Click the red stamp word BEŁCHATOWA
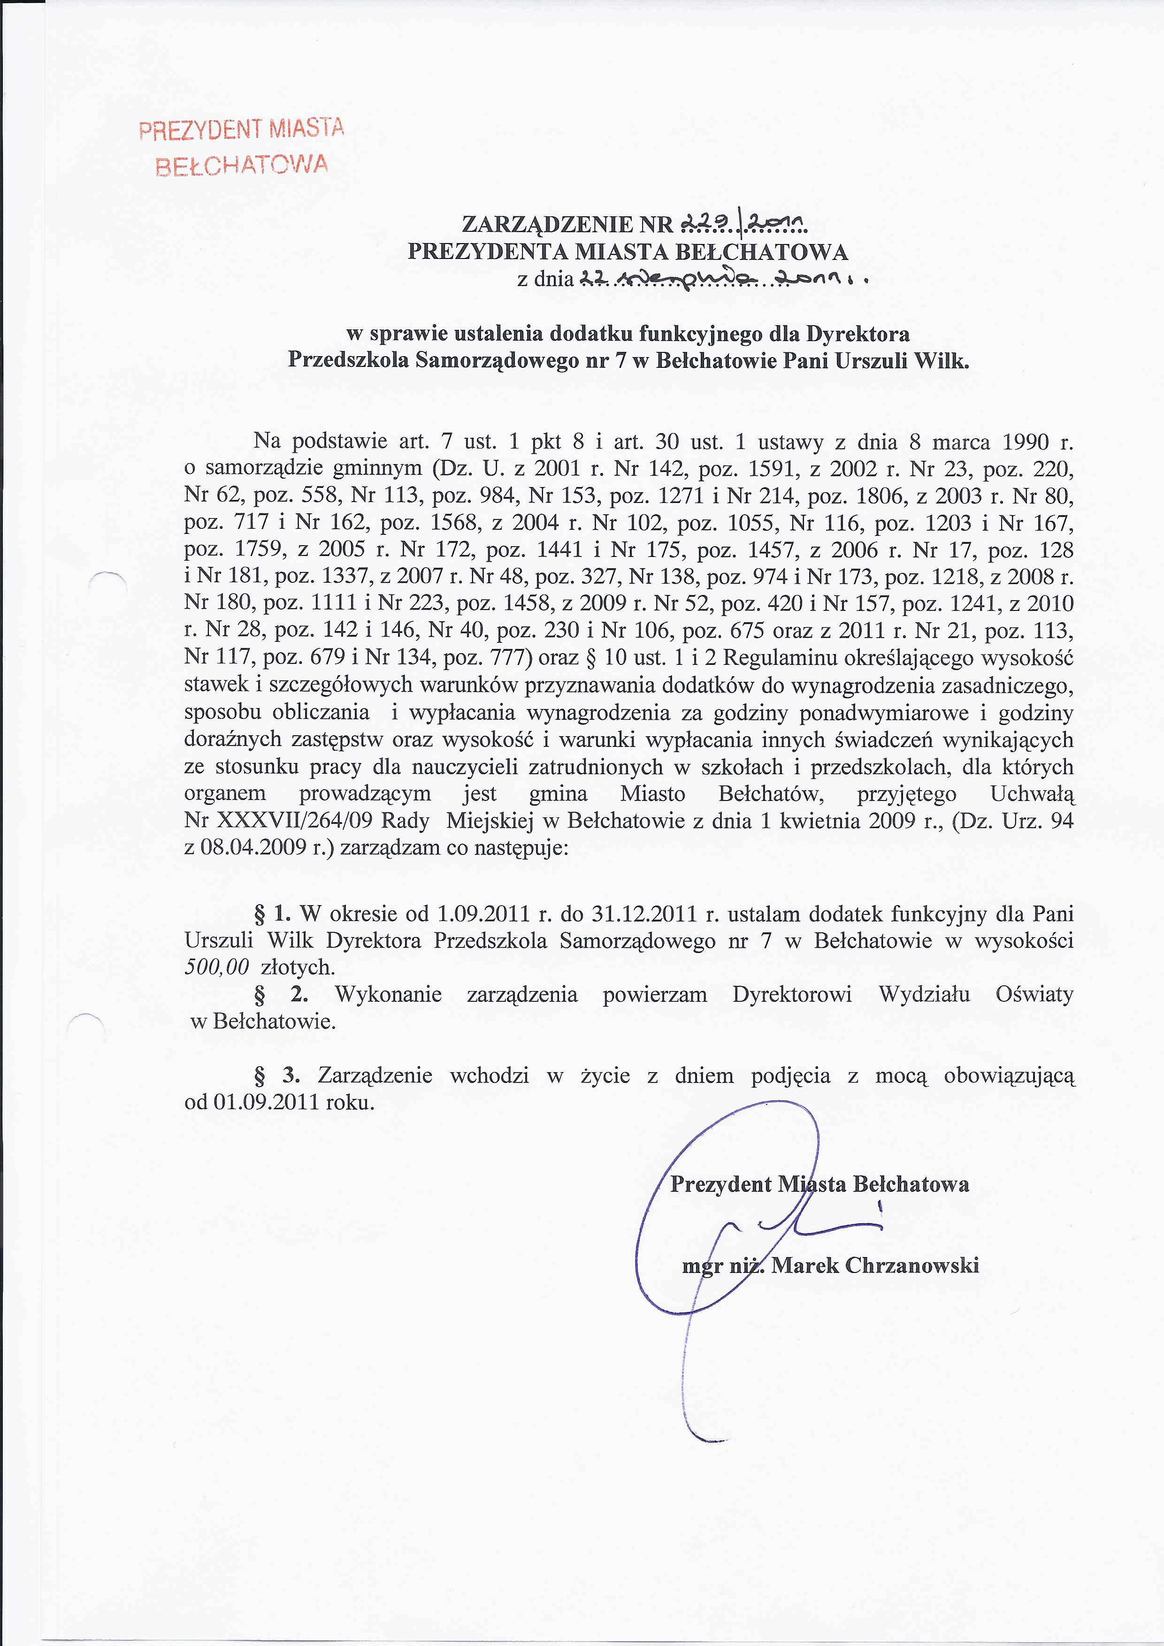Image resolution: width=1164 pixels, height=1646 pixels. tap(242, 166)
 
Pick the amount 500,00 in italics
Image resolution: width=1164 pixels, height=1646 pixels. tap(216, 967)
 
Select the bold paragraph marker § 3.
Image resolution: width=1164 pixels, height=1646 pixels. tap(276, 1075)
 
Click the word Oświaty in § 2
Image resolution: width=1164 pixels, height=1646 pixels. tap(1034, 994)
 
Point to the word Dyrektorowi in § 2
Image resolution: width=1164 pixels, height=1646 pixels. tap(792, 994)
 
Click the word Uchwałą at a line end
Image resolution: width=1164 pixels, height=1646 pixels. tap(1032, 793)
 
